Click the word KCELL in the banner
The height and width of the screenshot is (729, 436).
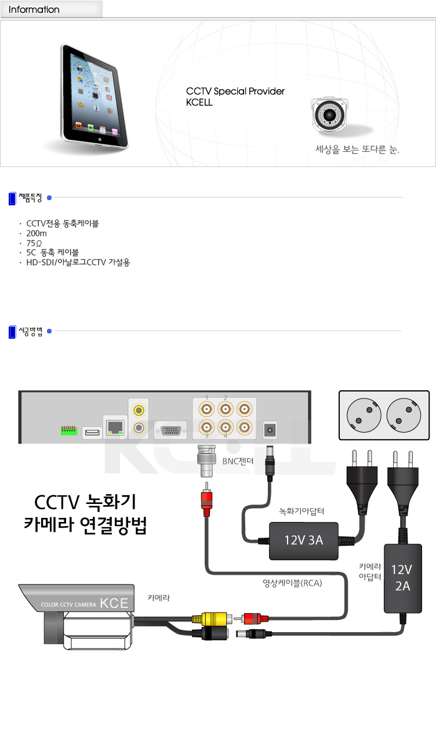(x=199, y=102)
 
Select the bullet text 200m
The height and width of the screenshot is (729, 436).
(x=37, y=234)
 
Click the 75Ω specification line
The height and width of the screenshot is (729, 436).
(x=35, y=243)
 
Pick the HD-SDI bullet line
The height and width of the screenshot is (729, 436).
(x=78, y=262)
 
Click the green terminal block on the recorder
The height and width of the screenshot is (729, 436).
(x=69, y=430)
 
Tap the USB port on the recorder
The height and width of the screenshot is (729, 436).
(x=92, y=432)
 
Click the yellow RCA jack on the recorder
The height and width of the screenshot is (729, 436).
(x=139, y=411)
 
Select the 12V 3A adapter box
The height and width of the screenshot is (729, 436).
(x=303, y=541)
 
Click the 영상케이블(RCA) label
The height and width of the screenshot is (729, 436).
(x=292, y=583)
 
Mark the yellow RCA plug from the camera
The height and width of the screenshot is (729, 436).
(x=210, y=618)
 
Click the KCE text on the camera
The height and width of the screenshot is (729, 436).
(x=114, y=603)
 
